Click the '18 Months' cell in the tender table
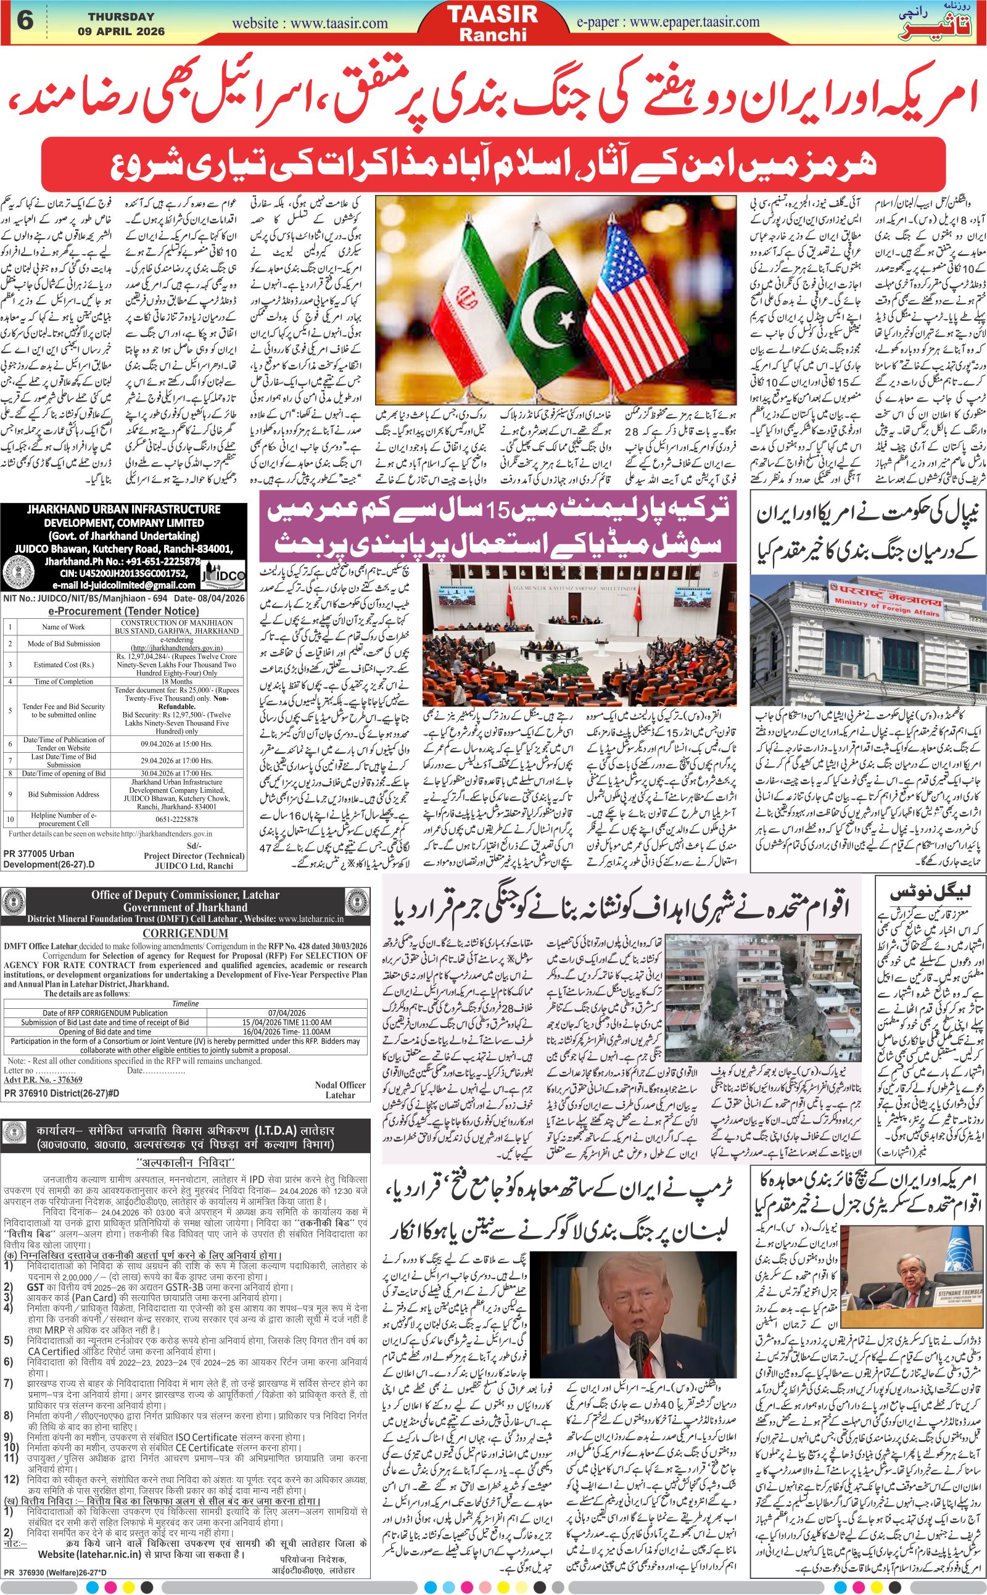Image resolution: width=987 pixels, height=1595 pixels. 176,682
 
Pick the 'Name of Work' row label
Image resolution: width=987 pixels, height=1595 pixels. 64,627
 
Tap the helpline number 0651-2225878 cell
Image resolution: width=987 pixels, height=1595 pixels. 176,819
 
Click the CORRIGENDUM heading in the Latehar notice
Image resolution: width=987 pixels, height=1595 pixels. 184,934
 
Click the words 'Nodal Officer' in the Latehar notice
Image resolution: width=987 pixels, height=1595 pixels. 340,1085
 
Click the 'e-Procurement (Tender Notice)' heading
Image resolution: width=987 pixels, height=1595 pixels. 124,611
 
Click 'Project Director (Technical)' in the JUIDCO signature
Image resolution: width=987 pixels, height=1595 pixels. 194,855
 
